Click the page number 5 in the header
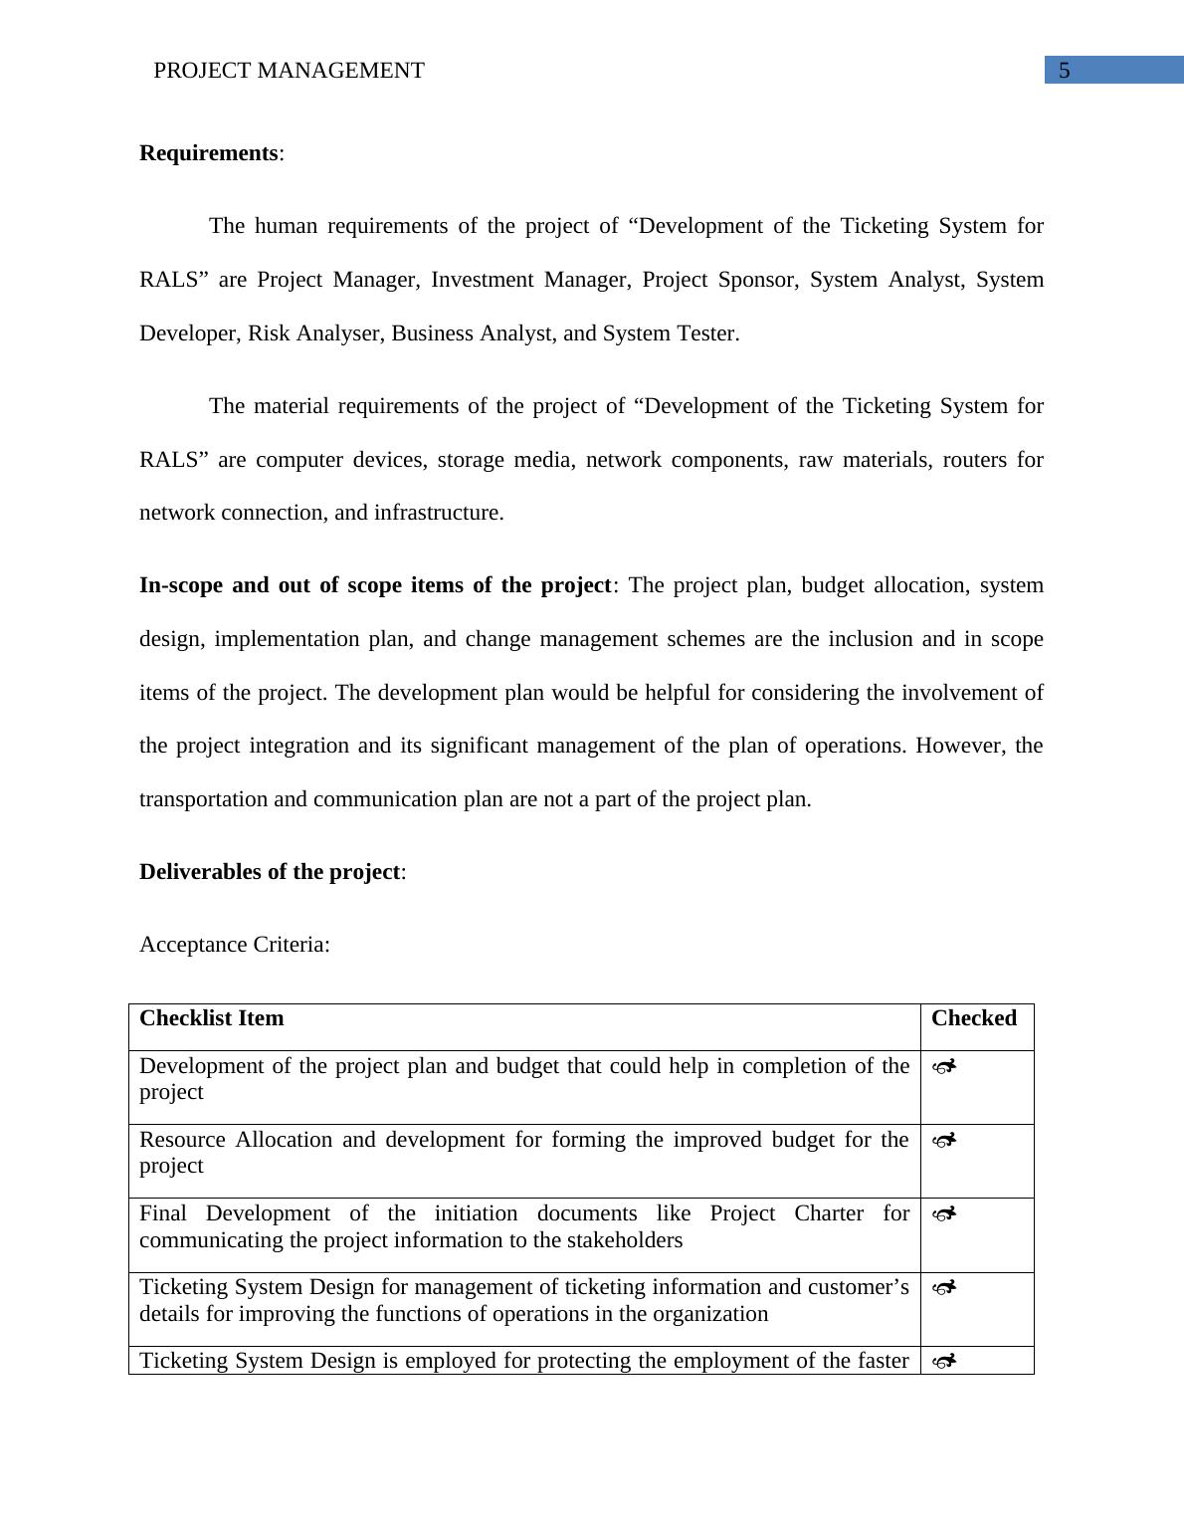(x=1065, y=71)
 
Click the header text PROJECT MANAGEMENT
(x=289, y=71)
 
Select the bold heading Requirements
(x=209, y=153)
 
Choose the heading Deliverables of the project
(x=270, y=872)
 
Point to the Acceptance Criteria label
(x=234, y=945)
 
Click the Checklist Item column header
(x=211, y=1018)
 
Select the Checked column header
(x=973, y=1018)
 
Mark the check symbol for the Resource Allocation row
(x=944, y=1141)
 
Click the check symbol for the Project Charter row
(x=944, y=1214)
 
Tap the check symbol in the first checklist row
(x=944, y=1067)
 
